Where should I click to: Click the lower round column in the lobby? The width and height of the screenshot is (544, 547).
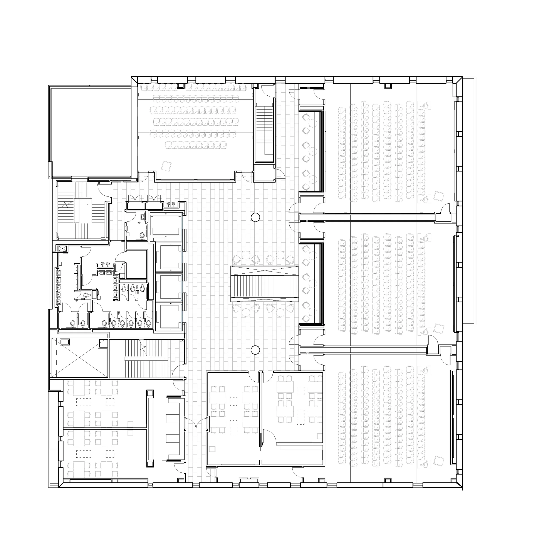255,350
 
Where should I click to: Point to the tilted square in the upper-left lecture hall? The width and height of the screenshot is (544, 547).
166,166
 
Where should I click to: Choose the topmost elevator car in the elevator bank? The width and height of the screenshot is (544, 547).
166,225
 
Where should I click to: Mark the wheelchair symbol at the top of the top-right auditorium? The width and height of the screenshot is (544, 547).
425,105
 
